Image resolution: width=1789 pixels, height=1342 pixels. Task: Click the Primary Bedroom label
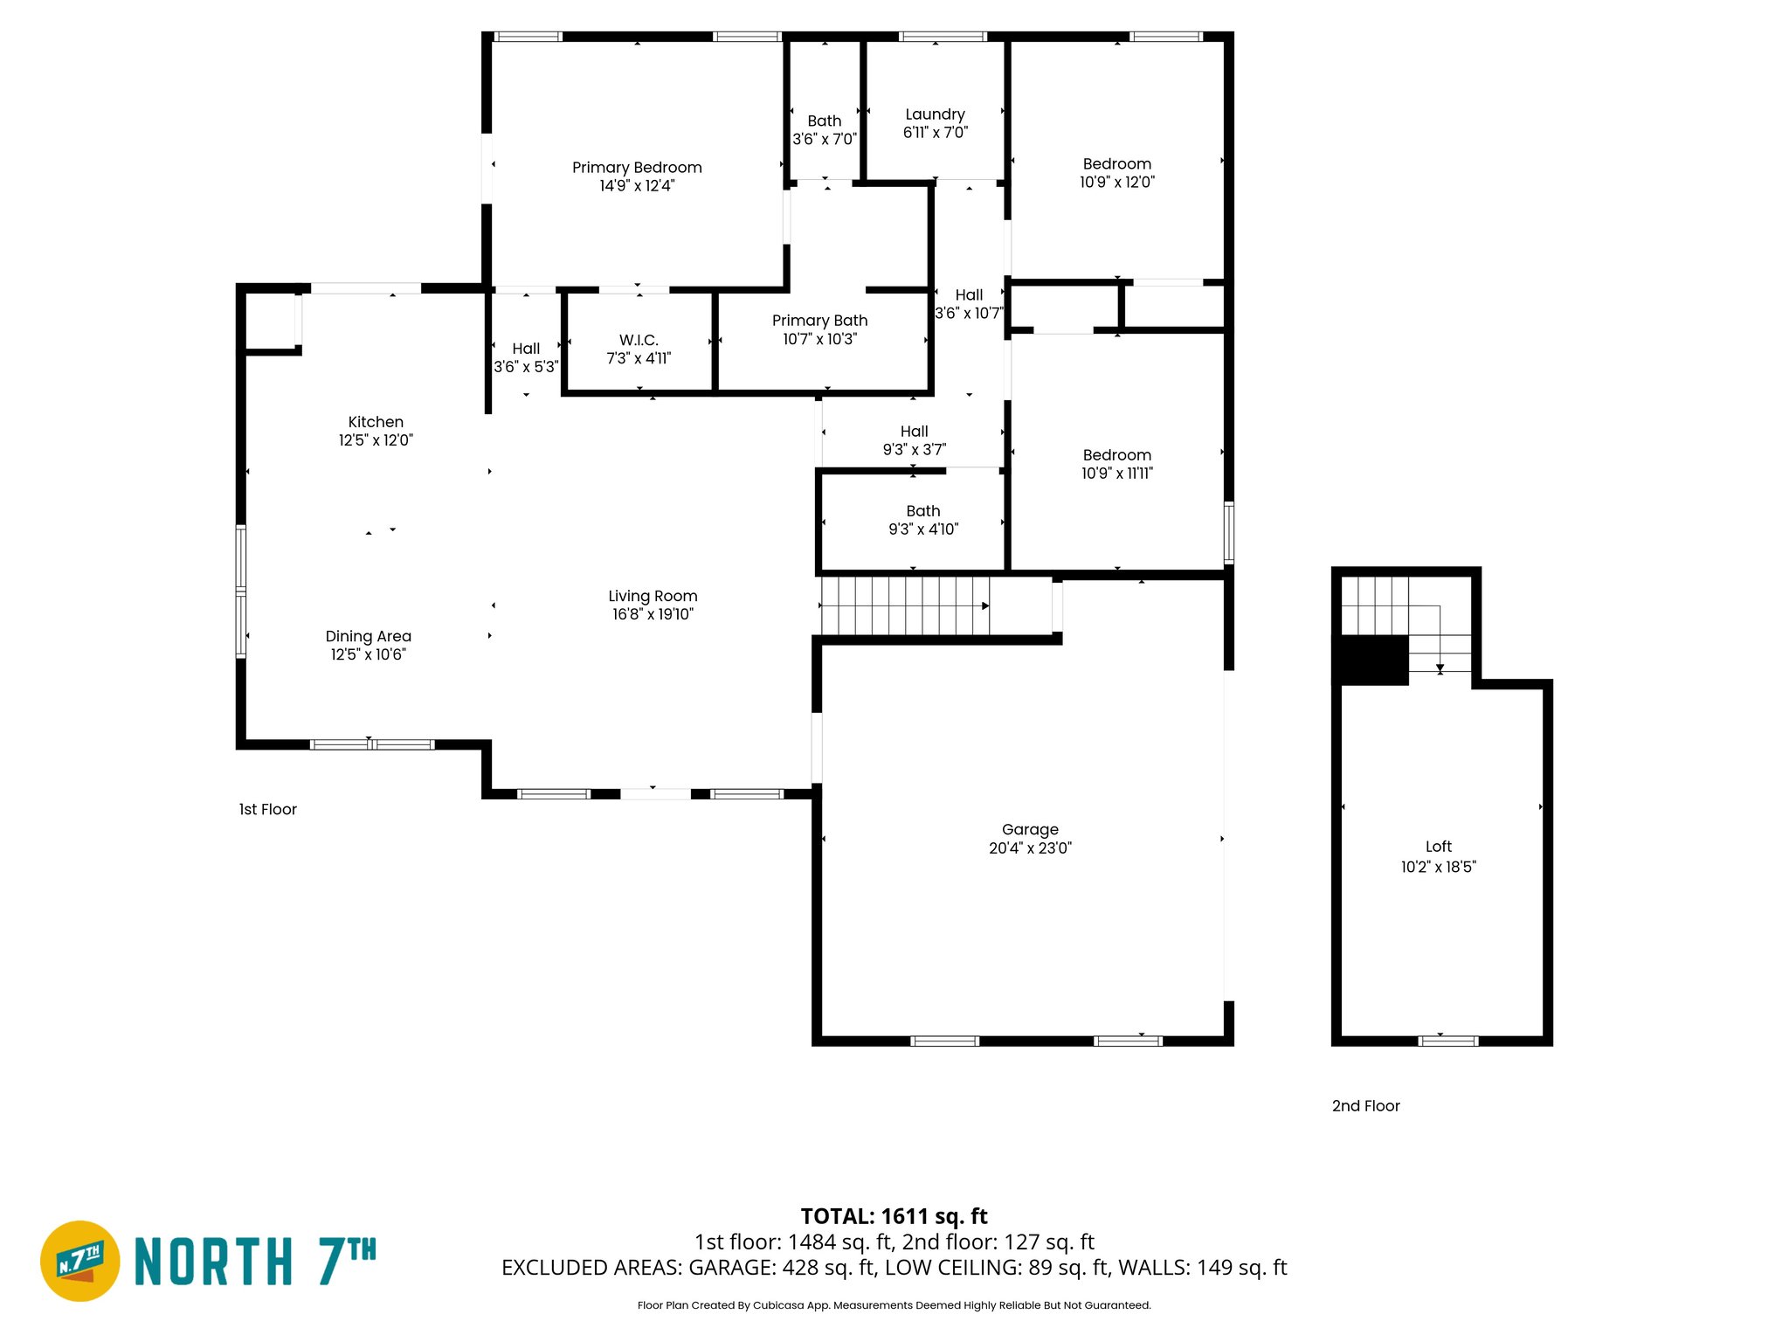coord(637,168)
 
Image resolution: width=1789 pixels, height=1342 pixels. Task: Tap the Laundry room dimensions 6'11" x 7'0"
coord(935,133)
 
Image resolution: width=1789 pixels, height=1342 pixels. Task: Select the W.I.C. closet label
coord(639,340)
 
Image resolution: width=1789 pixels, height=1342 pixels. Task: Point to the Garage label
coord(1030,829)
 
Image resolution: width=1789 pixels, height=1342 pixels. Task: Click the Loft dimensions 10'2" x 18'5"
coord(1438,867)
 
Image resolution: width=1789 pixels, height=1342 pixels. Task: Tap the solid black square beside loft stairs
coord(1374,660)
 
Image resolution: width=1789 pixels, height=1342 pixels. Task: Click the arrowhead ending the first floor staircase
coord(985,605)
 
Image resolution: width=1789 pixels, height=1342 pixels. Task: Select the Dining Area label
coord(368,636)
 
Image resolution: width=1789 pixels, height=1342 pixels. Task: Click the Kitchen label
coord(376,422)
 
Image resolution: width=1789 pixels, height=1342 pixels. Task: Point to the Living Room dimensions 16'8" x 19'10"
coord(653,614)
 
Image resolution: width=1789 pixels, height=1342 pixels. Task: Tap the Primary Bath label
coord(819,321)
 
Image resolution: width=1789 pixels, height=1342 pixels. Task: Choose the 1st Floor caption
coord(267,810)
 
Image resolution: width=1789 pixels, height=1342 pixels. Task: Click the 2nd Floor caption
coord(1365,1106)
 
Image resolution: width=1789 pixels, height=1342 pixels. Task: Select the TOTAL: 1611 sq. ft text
coord(894,1216)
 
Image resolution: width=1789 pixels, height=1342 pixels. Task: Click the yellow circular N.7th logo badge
coord(80,1261)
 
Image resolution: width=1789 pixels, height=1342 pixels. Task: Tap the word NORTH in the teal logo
coord(214,1262)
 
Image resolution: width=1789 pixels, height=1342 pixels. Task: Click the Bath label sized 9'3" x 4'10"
coord(923,511)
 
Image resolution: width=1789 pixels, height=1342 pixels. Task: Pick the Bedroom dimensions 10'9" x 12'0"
coord(1116,182)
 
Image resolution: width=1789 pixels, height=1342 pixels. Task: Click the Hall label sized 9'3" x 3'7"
coord(914,432)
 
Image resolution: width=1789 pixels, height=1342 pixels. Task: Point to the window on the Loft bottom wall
coord(1447,1041)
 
